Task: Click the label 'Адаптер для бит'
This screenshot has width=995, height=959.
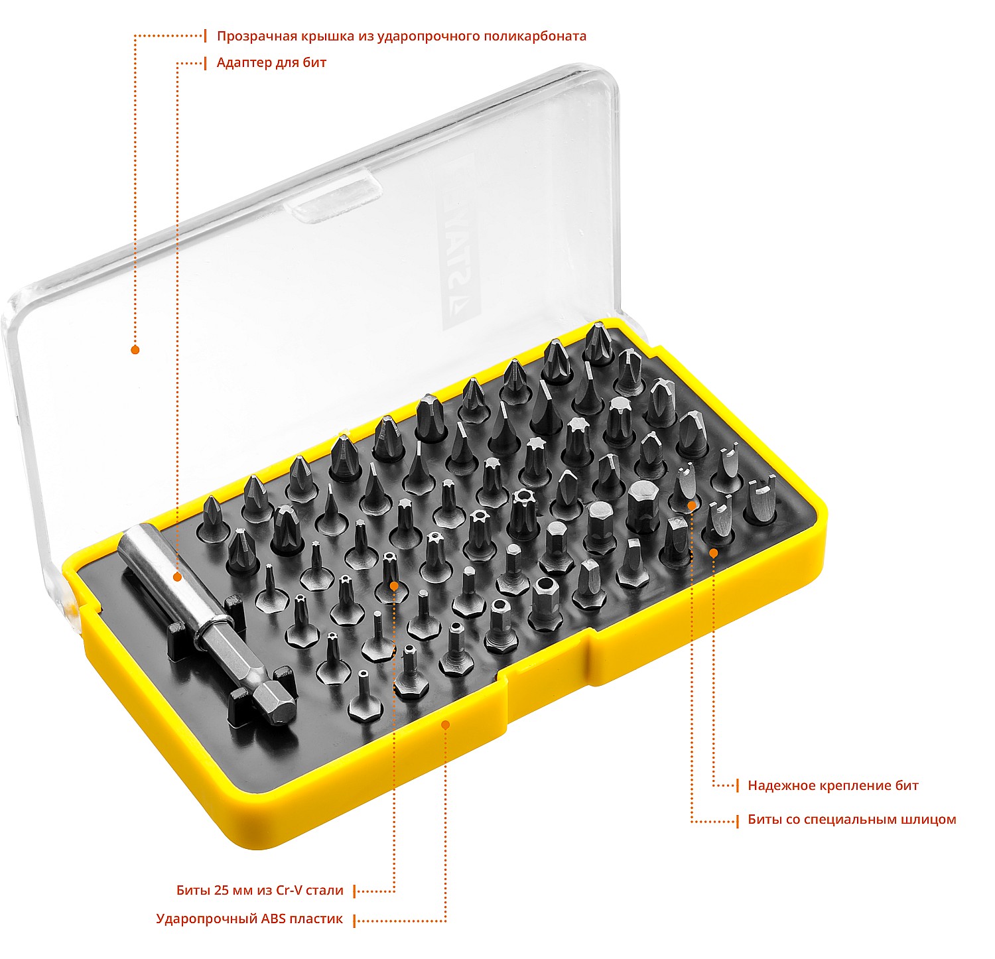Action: [271, 63]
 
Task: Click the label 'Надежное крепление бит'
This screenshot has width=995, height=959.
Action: [833, 786]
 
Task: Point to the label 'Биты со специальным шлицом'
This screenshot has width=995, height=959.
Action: [852, 820]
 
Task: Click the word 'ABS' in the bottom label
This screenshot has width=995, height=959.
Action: [274, 919]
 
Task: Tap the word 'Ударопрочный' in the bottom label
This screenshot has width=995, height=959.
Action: [206, 920]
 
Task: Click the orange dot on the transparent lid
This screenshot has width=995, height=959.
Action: [135, 350]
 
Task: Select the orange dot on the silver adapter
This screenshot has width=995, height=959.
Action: [177, 577]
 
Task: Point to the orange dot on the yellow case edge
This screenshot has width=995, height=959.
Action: [446, 725]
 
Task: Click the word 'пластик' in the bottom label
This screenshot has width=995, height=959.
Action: [318, 919]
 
